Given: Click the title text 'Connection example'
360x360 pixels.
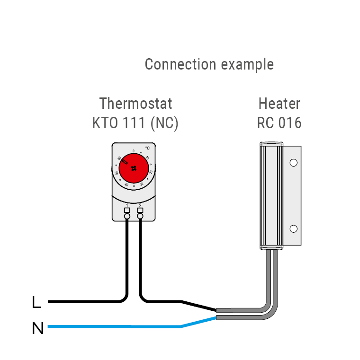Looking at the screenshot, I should click(209, 64).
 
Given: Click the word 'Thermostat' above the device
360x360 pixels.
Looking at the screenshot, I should click(135, 103).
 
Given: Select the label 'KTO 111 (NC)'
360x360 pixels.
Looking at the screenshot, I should click(135, 123).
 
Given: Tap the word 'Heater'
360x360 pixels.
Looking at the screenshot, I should click(279, 103).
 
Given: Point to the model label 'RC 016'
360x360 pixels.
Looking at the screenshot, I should click(279, 123).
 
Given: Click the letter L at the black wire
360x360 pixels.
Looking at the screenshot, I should click(36, 302).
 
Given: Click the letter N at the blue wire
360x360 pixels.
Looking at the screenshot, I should click(37, 328).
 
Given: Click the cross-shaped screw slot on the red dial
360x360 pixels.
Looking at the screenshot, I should click(134, 168).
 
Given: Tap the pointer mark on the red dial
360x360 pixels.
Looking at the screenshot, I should click(124, 162).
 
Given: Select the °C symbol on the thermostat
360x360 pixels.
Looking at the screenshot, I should click(147, 148).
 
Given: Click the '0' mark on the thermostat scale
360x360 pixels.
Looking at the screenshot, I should click(134, 151).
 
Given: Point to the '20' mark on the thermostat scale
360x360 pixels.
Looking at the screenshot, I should click(151, 172).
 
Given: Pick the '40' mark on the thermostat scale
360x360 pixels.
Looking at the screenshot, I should click(126, 184).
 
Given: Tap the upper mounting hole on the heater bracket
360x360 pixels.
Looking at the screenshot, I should click(293, 163).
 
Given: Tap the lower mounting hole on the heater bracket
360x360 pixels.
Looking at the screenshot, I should click(293, 229).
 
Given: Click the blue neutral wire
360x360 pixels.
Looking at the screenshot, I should click(114, 326).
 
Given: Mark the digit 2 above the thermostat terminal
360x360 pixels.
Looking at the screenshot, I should click(140, 204).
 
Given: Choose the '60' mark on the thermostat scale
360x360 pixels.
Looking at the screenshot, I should click(119, 158).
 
